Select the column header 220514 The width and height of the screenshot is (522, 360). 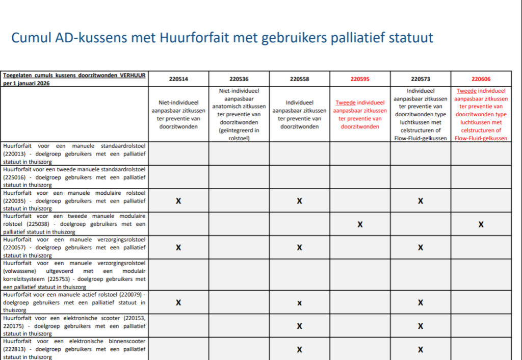pyautogui.click(x=178, y=79)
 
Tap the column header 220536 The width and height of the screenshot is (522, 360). pyautogui.click(x=239, y=79)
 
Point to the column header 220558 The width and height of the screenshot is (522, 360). pyautogui.click(x=300, y=79)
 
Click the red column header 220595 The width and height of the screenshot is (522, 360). pyautogui.click(x=360, y=79)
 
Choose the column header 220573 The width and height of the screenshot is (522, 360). pyautogui.click(x=421, y=79)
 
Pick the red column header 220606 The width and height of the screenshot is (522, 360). pyautogui.click(x=481, y=79)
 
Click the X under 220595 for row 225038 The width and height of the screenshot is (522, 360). pyautogui.click(x=360, y=224)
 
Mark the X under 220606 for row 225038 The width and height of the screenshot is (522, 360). pyautogui.click(x=481, y=224)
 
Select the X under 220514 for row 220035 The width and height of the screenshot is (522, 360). pyautogui.click(x=178, y=201)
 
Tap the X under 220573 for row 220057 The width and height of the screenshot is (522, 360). pyautogui.click(x=421, y=248)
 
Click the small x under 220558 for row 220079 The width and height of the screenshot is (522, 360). pyautogui.click(x=300, y=303)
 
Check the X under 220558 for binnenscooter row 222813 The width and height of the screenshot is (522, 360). pyautogui.click(x=300, y=350)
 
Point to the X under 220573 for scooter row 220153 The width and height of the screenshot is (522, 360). pyautogui.click(x=421, y=326)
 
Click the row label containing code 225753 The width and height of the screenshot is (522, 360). pyautogui.click(x=74, y=275)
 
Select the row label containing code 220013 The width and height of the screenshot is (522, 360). pyautogui.click(x=74, y=153)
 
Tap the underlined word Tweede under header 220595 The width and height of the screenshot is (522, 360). pyautogui.click(x=346, y=102)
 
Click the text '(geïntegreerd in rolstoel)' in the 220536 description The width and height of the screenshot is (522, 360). pyautogui.click(x=239, y=134)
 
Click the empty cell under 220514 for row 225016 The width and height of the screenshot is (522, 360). pyautogui.click(x=178, y=177)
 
